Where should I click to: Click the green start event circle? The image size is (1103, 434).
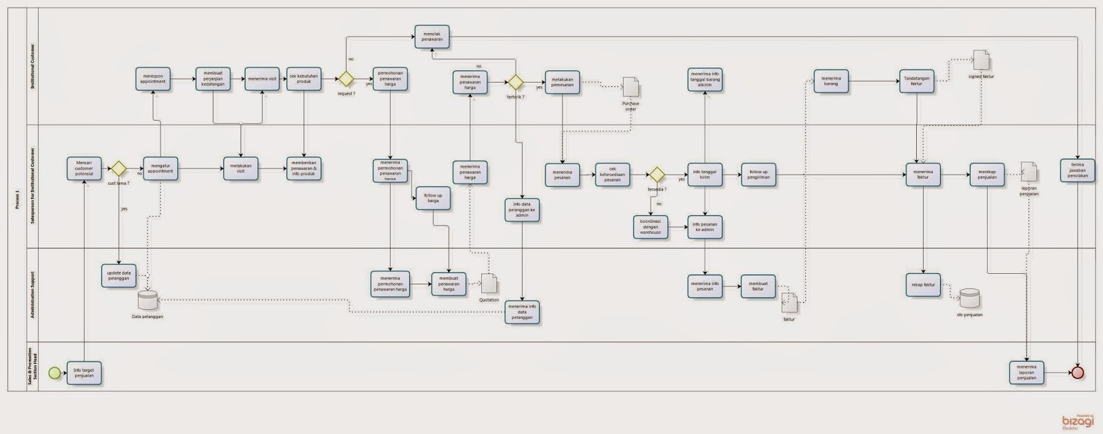(x=54, y=373)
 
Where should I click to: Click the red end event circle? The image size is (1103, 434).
(x=1077, y=373)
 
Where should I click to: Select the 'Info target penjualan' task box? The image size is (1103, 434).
(x=84, y=373)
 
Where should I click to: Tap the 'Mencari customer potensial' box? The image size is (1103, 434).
(x=84, y=169)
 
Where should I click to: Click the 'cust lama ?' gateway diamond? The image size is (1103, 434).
(x=119, y=169)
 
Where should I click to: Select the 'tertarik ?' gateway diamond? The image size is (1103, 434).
(x=516, y=83)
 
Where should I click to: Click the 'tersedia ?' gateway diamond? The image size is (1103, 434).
(x=656, y=174)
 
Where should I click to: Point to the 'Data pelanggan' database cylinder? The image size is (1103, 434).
(x=148, y=301)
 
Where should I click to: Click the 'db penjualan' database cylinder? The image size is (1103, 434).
(x=970, y=299)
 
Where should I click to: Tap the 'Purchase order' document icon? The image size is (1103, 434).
(x=630, y=87)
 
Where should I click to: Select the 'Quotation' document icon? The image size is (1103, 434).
(x=489, y=284)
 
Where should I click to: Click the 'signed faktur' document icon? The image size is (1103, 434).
(x=981, y=60)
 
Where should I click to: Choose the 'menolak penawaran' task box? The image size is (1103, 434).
(x=432, y=37)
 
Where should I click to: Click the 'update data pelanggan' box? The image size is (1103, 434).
(x=119, y=275)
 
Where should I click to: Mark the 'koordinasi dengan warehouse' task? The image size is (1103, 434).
(x=650, y=227)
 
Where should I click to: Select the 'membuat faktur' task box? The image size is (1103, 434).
(x=758, y=286)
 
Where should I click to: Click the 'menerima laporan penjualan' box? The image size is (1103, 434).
(x=1026, y=373)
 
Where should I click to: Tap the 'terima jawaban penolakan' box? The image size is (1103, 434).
(x=1077, y=170)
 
